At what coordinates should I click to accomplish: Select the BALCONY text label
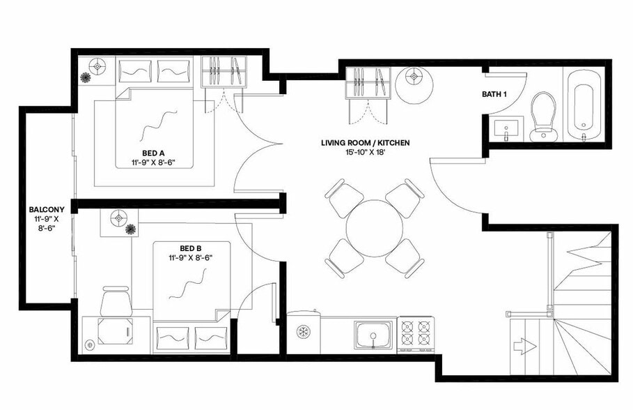click(x=47, y=209)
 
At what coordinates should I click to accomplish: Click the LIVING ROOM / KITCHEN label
click(x=365, y=143)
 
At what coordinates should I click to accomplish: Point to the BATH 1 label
click(x=496, y=94)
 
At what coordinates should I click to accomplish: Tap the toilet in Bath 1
click(x=542, y=115)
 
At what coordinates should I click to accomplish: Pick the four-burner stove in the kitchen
click(x=416, y=333)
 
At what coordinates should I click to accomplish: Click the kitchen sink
click(x=374, y=333)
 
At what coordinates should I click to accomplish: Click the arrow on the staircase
click(x=522, y=346)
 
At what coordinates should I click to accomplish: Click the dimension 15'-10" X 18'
click(x=365, y=153)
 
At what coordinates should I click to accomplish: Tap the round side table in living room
click(x=416, y=83)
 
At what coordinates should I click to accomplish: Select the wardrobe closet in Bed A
click(x=225, y=72)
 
